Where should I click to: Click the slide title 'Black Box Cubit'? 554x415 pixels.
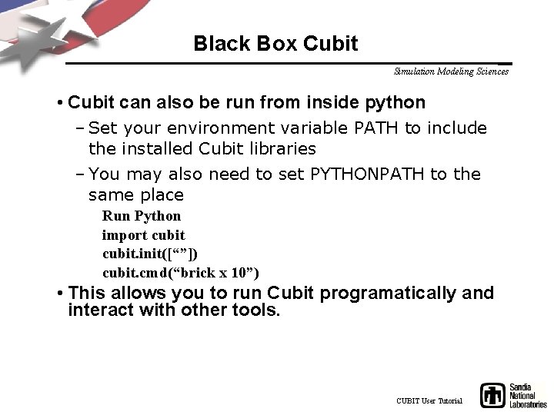tap(275, 44)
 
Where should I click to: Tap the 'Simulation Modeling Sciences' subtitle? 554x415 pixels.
tap(451, 71)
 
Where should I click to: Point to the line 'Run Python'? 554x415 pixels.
tap(142, 216)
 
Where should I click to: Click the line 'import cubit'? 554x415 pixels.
tap(143, 235)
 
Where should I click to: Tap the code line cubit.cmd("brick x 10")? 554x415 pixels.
tap(181, 273)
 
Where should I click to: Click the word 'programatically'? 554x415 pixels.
tap(391, 294)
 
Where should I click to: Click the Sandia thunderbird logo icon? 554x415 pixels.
tap(493, 395)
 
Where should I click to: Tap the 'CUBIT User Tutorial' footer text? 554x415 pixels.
tap(429, 401)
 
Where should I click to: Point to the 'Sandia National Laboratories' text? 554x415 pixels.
tap(528, 396)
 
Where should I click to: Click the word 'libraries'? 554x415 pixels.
tap(279, 148)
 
